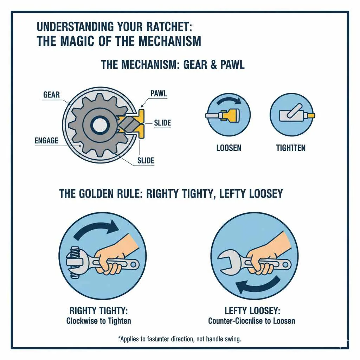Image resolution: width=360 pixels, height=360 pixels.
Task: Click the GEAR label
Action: click(x=51, y=95)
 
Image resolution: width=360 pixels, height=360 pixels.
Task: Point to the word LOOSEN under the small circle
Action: click(x=229, y=148)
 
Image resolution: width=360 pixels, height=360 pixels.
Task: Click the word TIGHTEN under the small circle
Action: click(x=291, y=148)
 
